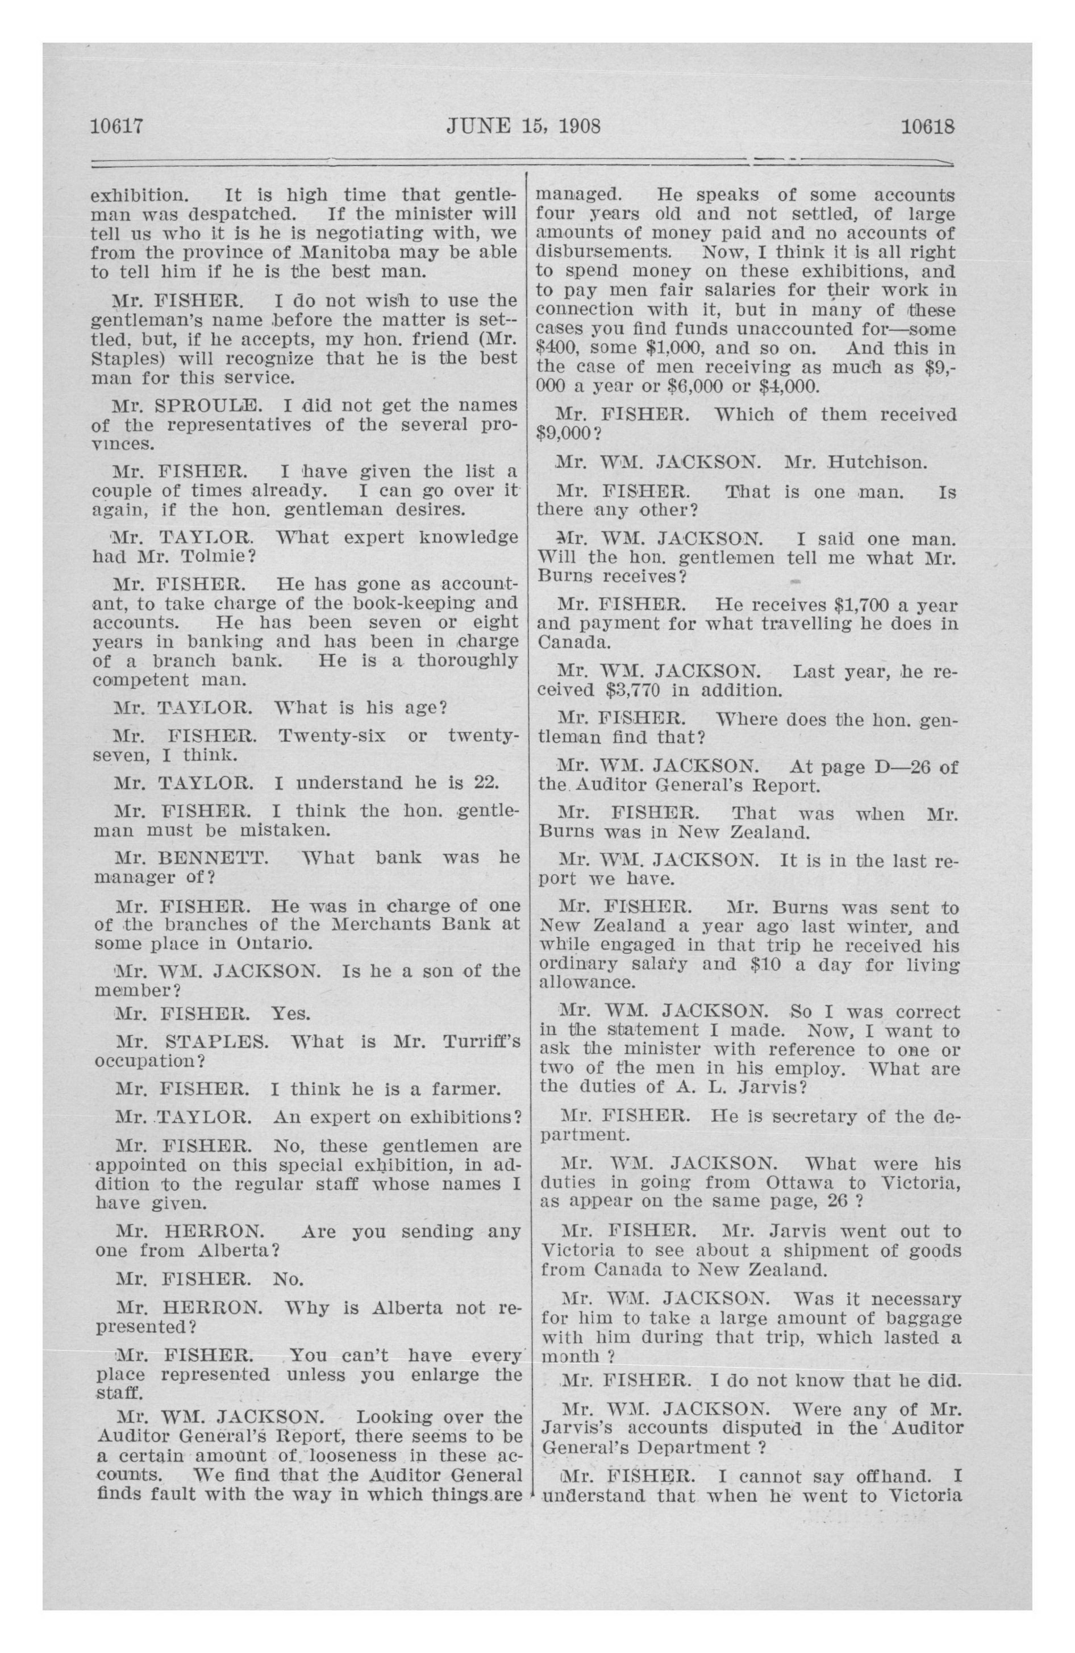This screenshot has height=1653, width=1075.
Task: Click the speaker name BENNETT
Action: pos(213,858)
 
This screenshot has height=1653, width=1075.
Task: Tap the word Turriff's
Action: pos(476,1042)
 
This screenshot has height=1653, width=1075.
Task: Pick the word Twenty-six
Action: pos(331,735)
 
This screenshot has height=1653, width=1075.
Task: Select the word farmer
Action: pos(465,1089)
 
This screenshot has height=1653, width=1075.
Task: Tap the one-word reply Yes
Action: pos(290,1014)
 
